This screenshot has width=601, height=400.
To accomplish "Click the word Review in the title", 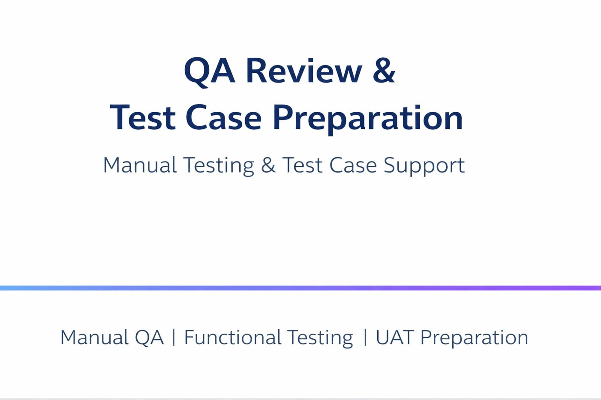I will [304, 71].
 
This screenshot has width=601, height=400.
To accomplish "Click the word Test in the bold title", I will [142, 117].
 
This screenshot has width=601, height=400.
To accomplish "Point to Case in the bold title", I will [223, 117].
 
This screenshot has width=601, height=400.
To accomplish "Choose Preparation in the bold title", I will [368, 118].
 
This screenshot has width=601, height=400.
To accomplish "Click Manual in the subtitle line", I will [140, 165].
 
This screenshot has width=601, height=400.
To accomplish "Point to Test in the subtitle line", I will [302, 165].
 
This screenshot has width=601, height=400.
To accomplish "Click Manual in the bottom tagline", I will [94, 337].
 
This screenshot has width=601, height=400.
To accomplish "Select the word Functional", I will [232, 337].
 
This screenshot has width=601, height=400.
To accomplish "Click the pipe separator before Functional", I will [174, 337].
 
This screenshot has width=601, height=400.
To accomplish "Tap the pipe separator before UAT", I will [365, 337].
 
